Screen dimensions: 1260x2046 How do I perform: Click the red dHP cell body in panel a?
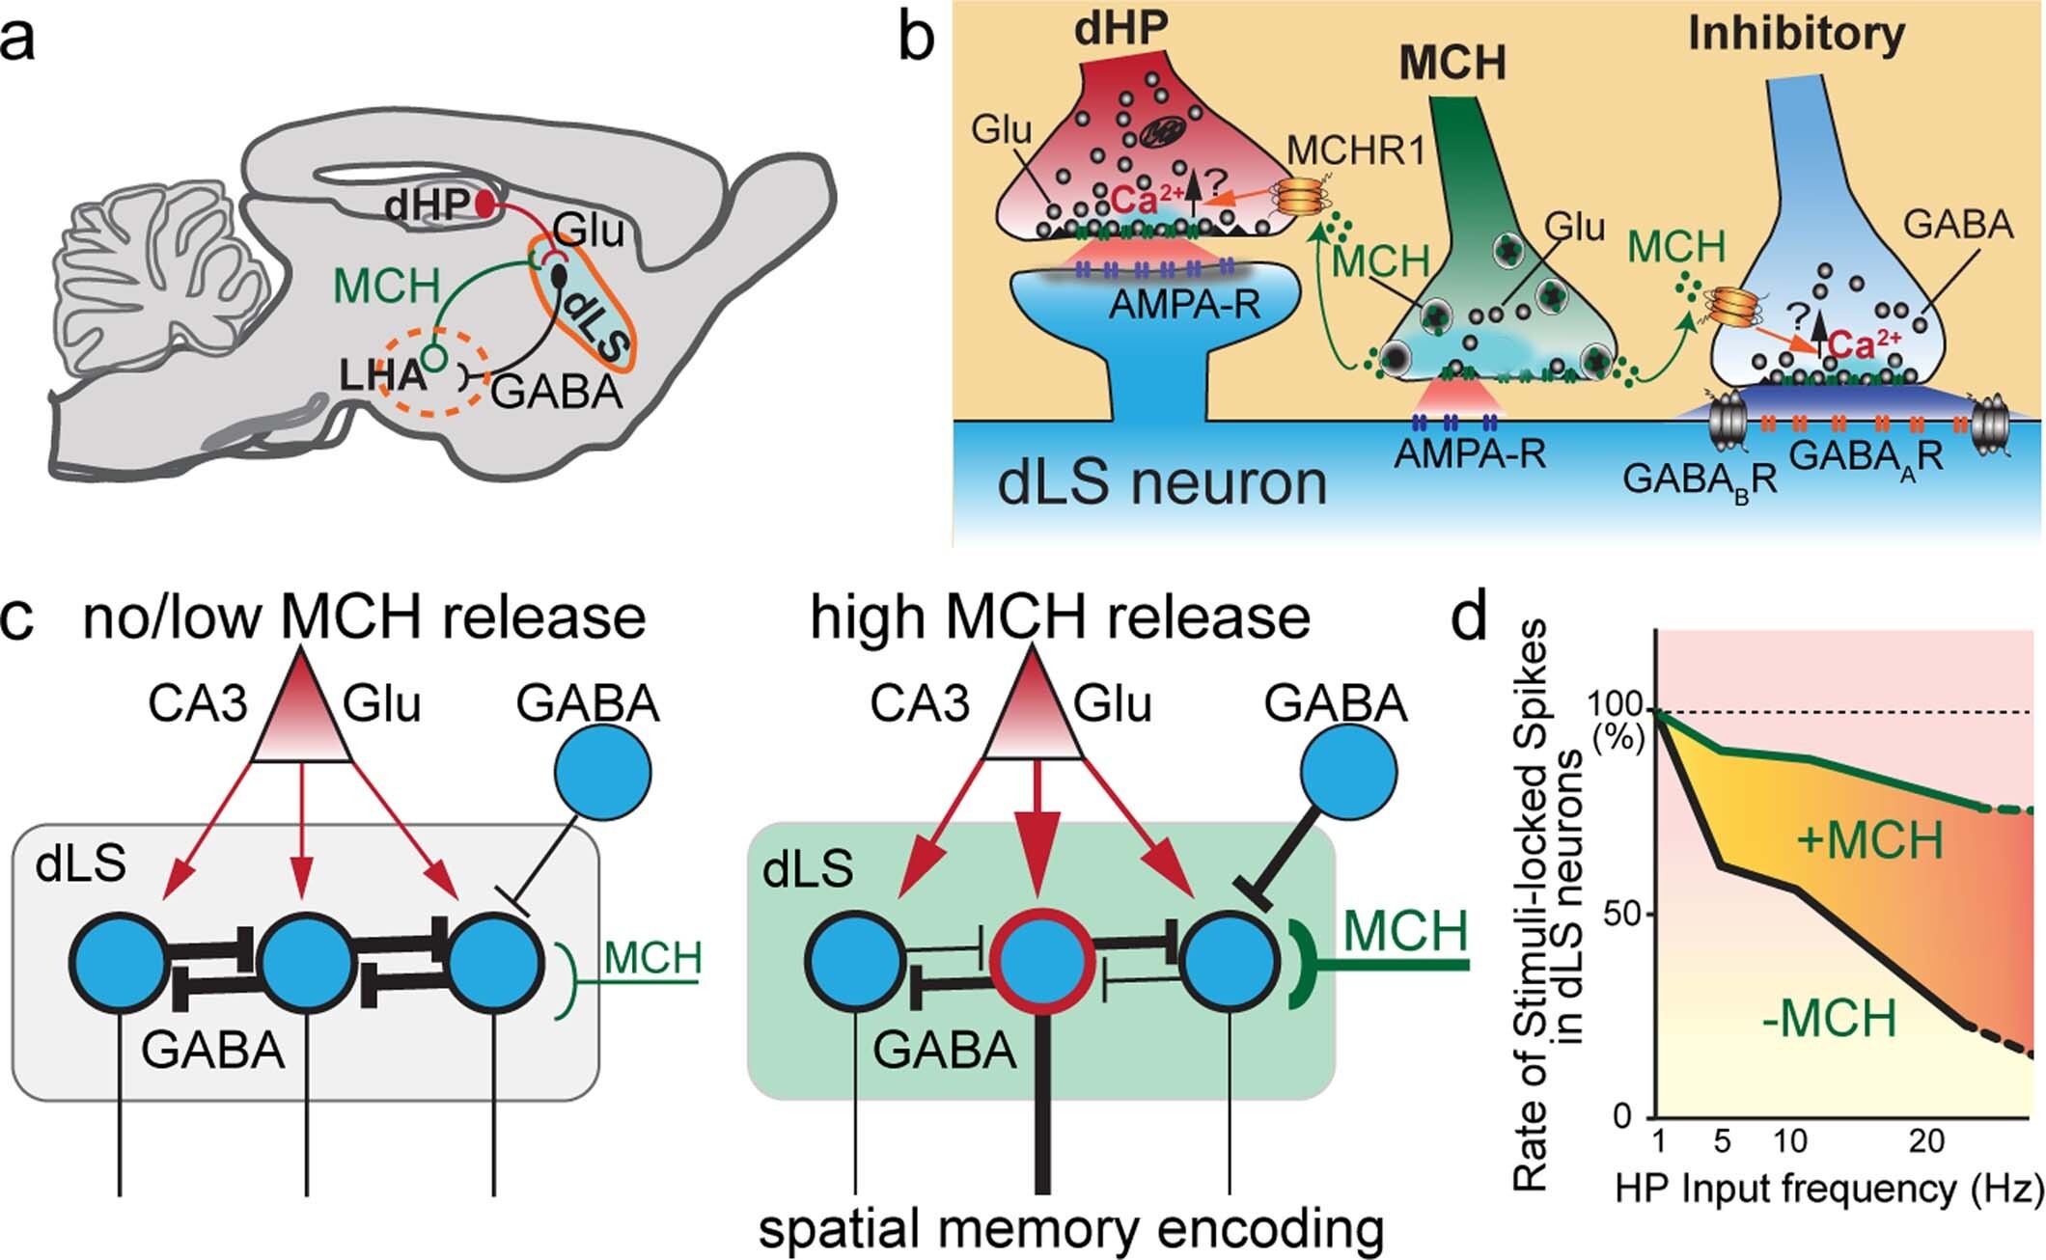pyautogui.click(x=484, y=204)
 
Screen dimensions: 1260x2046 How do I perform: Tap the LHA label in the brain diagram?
pyautogui.click(x=382, y=374)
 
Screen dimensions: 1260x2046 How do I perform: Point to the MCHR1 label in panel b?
pyautogui.click(x=1356, y=151)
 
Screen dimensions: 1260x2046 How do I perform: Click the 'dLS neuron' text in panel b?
pyautogui.click(x=1162, y=481)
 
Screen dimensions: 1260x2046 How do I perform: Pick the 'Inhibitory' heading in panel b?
pyautogui.click(x=1796, y=34)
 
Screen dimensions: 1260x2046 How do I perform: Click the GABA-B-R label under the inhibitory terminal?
pyautogui.click(x=1700, y=479)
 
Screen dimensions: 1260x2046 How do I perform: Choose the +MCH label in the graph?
pyautogui.click(x=1869, y=841)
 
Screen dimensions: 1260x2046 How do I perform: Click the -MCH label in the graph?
pyautogui.click(x=1829, y=1019)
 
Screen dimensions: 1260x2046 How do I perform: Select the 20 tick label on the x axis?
pyautogui.click(x=1926, y=1141)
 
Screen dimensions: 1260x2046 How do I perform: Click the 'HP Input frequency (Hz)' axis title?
pyautogui.click(x=1829, y=1189)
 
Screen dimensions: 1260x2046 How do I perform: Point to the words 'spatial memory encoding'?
pyautogui.click(x=1071, y=1230)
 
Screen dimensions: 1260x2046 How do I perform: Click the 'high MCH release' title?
pyautogui.click(x=1060, y=616)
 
